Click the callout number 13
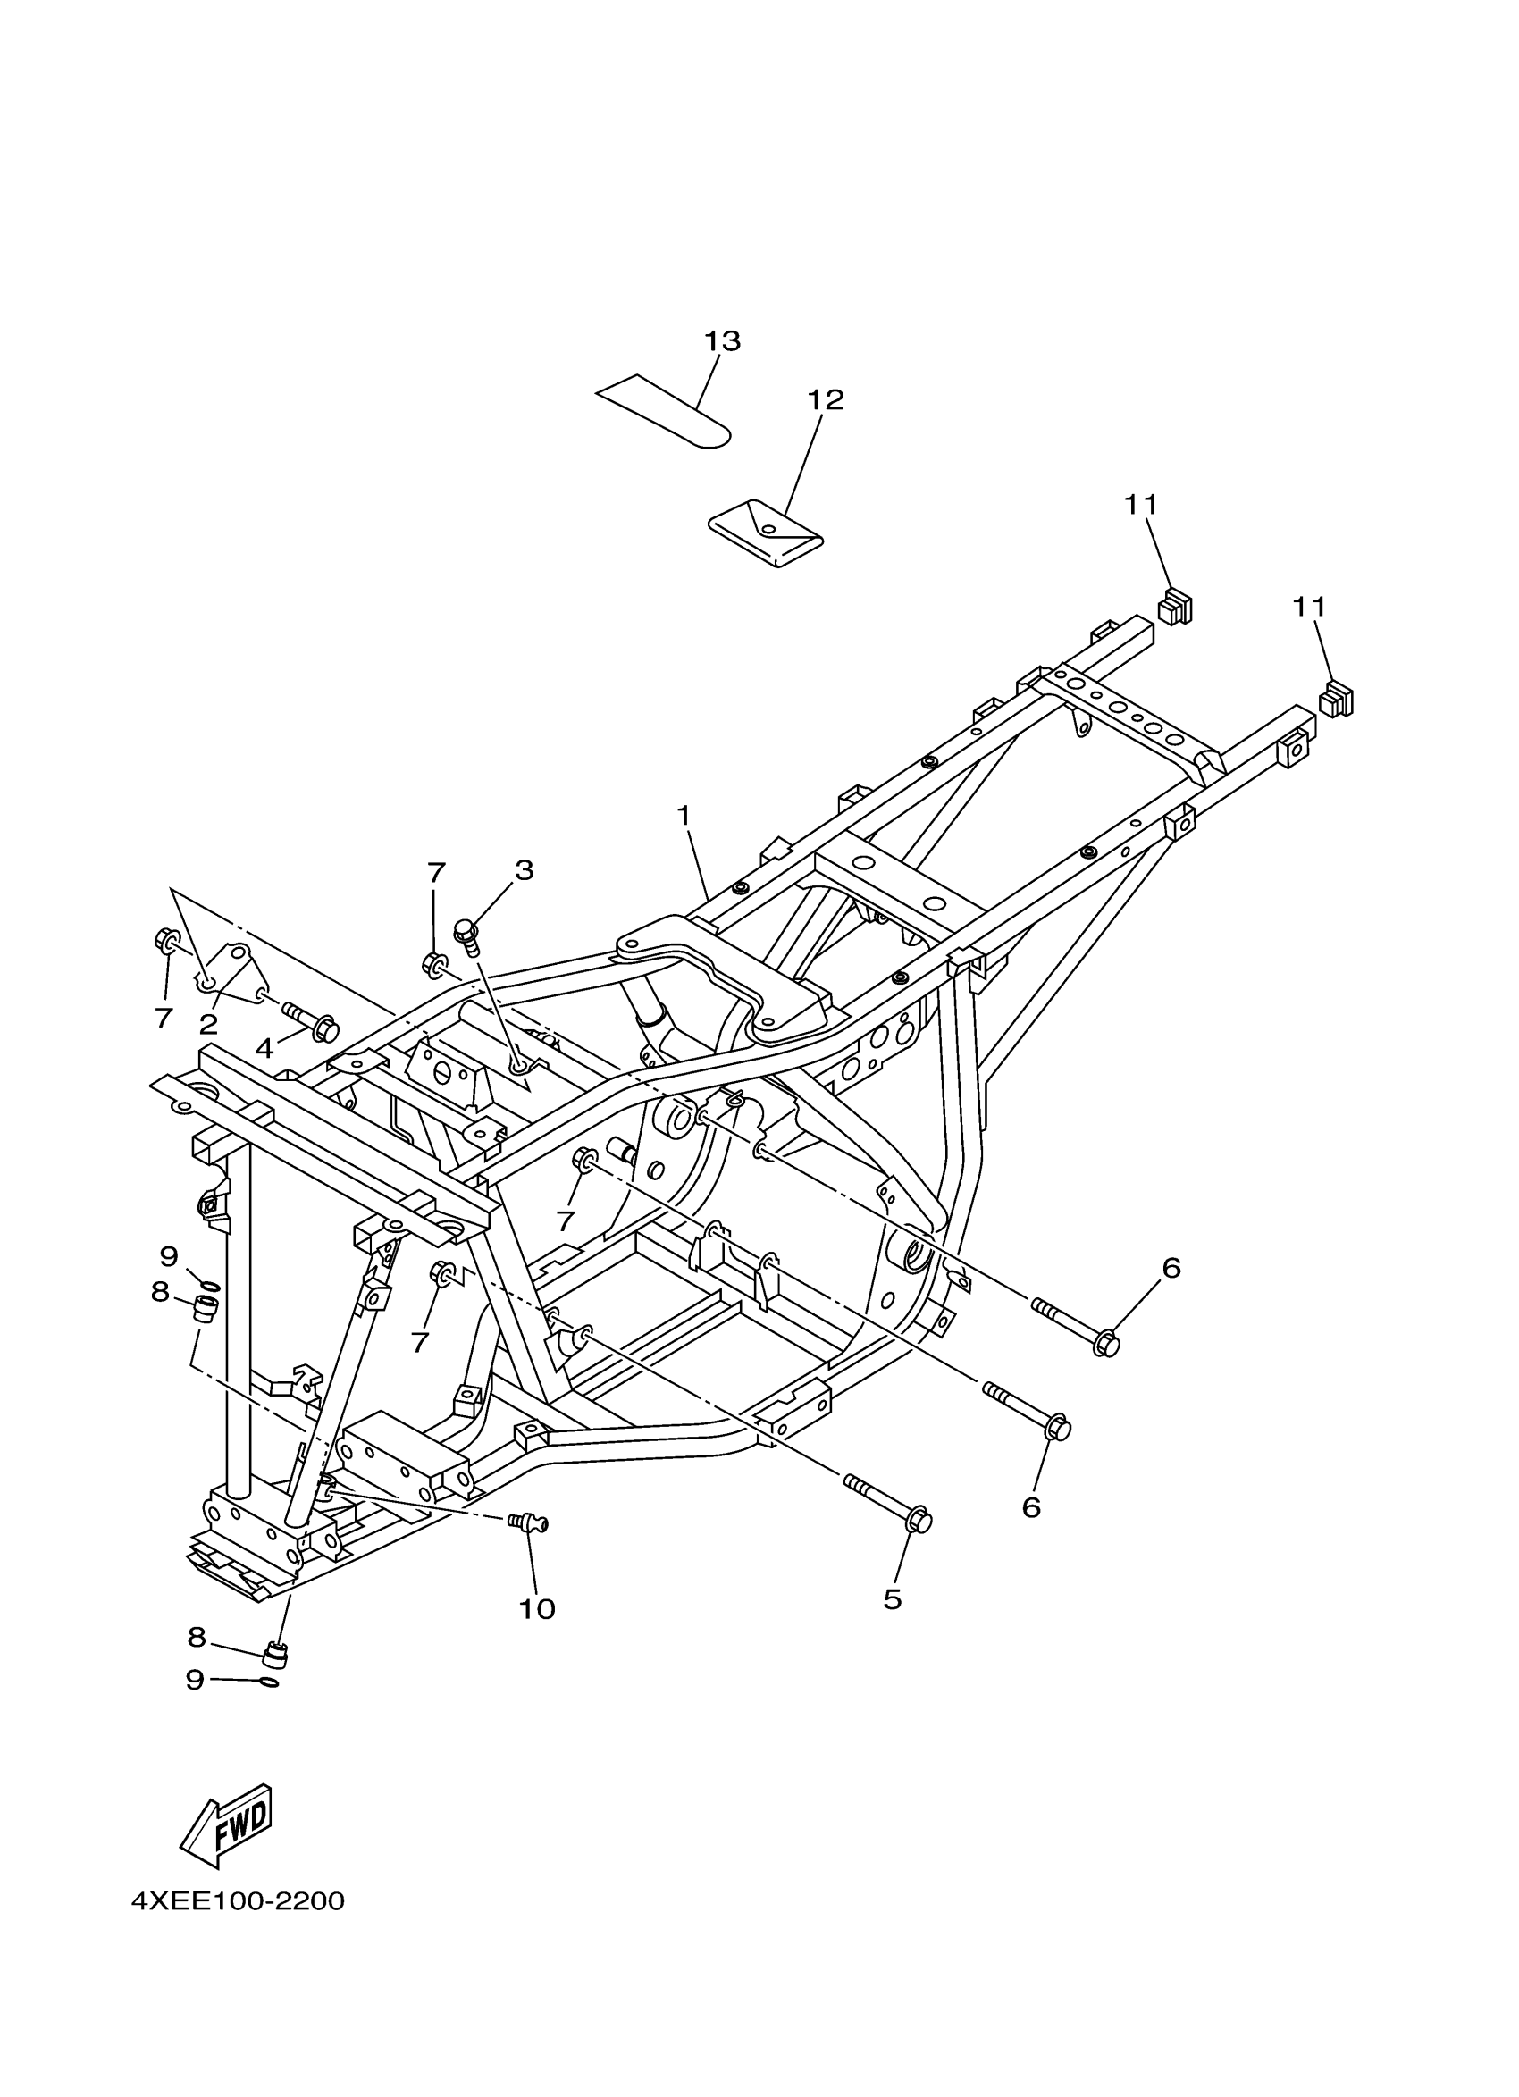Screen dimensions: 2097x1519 tap(722, 341)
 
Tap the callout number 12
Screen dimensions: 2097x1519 tap(826, 400)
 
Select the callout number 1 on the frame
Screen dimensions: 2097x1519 tap(684, 816)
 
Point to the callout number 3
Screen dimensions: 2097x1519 tap(525, 870)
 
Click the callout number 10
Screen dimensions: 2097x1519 tap(536, 1610)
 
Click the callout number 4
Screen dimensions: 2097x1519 tap(264, 1049)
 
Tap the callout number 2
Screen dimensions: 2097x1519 tap(208, 1024)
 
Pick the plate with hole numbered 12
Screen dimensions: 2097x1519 tap(766, 533)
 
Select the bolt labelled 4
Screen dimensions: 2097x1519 tap(311, 1019)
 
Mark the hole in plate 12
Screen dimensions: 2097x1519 tap(768, 529)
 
